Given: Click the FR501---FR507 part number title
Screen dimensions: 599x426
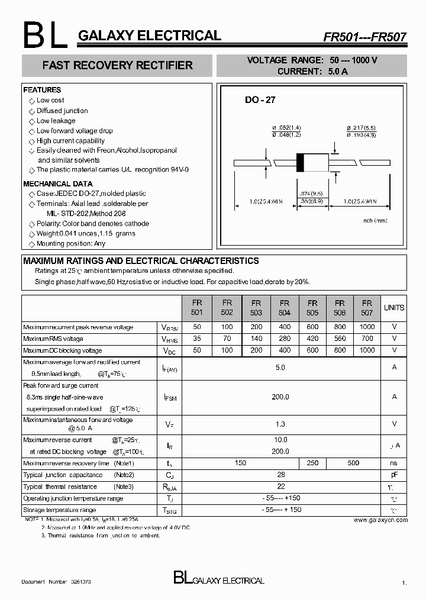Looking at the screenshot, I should coord(364,37).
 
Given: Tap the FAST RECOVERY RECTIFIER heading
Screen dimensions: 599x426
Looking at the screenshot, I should coord(117,65).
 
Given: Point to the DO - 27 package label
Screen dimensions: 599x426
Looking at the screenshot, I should coord(260,100).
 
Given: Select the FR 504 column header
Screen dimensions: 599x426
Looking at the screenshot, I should coord(285,307).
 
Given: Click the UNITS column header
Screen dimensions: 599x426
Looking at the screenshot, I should coord(394,308).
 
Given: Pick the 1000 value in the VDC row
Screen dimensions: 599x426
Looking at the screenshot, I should coord(367,350).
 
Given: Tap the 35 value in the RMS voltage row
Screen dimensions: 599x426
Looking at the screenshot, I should coord(197,339).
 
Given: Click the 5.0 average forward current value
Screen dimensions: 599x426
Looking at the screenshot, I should coord(280,368).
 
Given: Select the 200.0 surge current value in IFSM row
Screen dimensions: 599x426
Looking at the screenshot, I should coord(280,397).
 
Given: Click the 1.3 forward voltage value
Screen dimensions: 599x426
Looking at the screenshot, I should coord(280,424).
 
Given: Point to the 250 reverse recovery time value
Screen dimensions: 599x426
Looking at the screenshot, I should coord(312,463).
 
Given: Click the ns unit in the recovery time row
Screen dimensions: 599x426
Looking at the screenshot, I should coord(394,463).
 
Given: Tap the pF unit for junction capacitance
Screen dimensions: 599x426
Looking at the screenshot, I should coord(394,475).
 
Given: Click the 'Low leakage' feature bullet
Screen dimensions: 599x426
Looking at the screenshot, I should coord(56,121).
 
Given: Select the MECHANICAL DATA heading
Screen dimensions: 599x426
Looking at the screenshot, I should coord(57,184).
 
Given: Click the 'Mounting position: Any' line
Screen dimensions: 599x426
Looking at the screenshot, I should coord(70,243).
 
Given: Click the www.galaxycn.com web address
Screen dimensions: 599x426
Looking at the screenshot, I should coord(380,520).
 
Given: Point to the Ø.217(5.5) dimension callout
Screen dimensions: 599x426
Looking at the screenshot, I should coord(361,128).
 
